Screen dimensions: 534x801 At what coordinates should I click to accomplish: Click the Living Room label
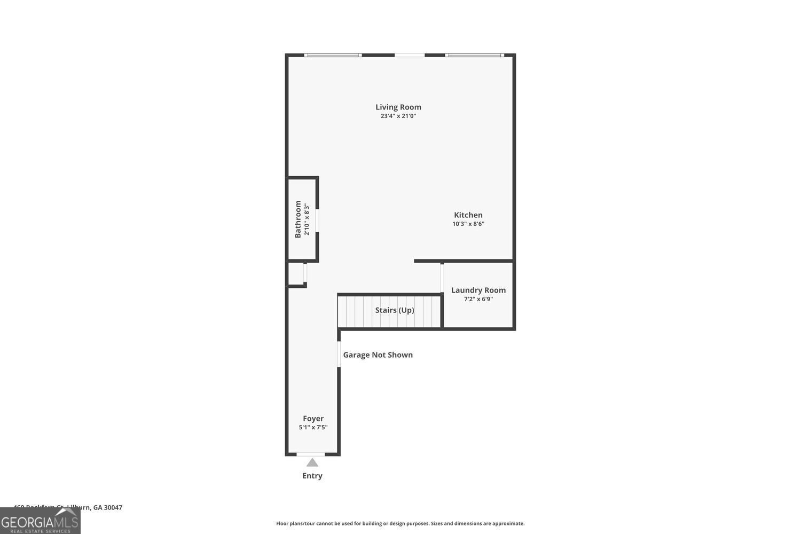(x=398, y=107)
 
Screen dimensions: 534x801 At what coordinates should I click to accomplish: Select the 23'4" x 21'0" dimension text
(x=398, y=116)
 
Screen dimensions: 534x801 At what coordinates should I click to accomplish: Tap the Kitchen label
(x=468, y=215)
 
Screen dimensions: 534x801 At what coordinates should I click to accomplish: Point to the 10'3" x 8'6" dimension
(x=468, y=224)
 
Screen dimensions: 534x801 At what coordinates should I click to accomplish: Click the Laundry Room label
(x=478, y=290)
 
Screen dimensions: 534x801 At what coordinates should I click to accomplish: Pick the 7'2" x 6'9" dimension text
(x=478, y=299)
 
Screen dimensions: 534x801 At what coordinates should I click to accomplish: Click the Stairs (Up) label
(x=394, y=310)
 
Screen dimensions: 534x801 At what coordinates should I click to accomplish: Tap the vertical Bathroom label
(x=298, y=219)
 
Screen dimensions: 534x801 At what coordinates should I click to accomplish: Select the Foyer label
(x=313, y=419)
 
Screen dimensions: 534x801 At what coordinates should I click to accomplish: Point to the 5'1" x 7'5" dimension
(x=313, y=427)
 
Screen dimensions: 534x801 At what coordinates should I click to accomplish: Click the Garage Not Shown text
(x=378, y=355)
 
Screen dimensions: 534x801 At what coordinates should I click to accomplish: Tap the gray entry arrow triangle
(x=312, y=462)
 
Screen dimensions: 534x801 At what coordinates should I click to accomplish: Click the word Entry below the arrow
(x=312, y=476)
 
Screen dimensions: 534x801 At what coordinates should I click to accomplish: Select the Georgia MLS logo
(x=40, y=521)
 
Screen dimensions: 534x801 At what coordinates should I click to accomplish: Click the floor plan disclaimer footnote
(x=400, y=523)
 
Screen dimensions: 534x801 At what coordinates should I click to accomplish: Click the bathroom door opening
(x=317, y=220)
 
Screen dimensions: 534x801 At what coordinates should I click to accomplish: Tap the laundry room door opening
(x=442, y=278)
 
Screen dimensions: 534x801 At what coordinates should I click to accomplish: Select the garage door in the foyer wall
(x=339, y=354)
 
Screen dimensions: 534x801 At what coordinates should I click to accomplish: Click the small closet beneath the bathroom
(x=296, y=273)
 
